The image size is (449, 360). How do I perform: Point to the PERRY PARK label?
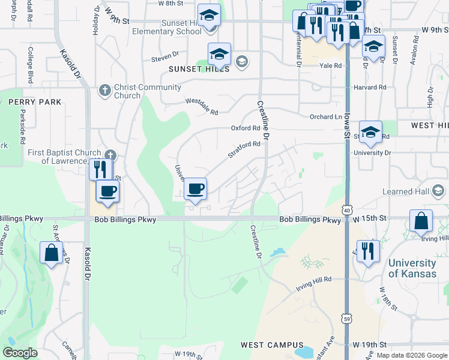[x=35, y=102]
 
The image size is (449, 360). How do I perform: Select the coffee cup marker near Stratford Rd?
[x=195, y=190]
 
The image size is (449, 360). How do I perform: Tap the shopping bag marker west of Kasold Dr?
[x=52, y=253]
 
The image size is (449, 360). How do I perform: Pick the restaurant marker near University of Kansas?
[x=368, y=250]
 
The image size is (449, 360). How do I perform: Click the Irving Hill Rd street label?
[x=313, y=284]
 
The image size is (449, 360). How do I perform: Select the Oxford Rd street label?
[x=246, y=128]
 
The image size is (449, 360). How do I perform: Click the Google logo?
[x=20, y=353]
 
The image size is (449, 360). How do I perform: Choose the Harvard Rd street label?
[x=370, y=87]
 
